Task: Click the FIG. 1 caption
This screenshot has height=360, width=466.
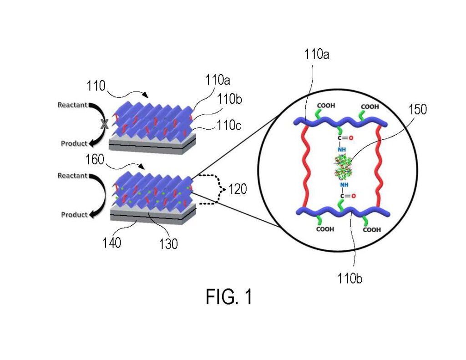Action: point(229,296)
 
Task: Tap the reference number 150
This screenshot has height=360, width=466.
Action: point(418,109)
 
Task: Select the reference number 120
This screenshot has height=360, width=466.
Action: point(237,189)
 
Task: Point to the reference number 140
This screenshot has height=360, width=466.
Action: point(112,243)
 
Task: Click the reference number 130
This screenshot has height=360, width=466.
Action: point(168,244)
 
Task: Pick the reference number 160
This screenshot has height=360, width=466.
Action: point(95,160)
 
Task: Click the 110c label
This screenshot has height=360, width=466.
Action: point(228,125)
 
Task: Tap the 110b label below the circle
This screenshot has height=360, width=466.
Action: point(349,279)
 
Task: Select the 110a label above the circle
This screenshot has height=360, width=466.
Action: point(317,55)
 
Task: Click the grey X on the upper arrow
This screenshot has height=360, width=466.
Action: point(104,124)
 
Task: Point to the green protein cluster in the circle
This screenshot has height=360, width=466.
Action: point(343,167)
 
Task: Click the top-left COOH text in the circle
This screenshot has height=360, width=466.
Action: point(326,106)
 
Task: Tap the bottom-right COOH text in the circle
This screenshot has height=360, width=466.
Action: point(372,229)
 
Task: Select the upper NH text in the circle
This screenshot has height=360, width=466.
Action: point(342,149)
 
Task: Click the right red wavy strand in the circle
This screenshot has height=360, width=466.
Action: point(379,166)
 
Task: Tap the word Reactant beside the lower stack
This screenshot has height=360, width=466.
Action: point(72,176)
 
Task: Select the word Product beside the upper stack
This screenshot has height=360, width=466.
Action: point(74,143)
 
